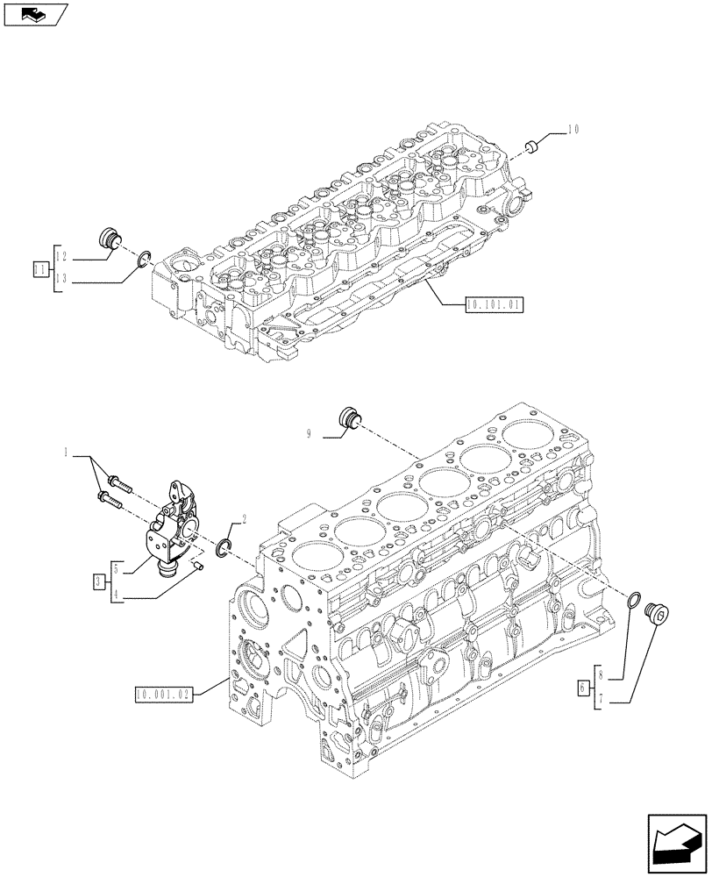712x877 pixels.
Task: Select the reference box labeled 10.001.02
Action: point(163,695)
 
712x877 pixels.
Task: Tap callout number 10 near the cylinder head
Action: point(573,129)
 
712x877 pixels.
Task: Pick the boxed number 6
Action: point(584,688)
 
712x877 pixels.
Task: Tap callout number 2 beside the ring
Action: point(243,519)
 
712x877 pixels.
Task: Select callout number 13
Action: point(61,281)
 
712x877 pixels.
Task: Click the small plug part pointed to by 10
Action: point(530,144)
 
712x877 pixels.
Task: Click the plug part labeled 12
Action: point(110,238)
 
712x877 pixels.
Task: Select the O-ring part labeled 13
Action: point(144,259)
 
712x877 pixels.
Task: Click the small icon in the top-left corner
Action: point(35,13)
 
